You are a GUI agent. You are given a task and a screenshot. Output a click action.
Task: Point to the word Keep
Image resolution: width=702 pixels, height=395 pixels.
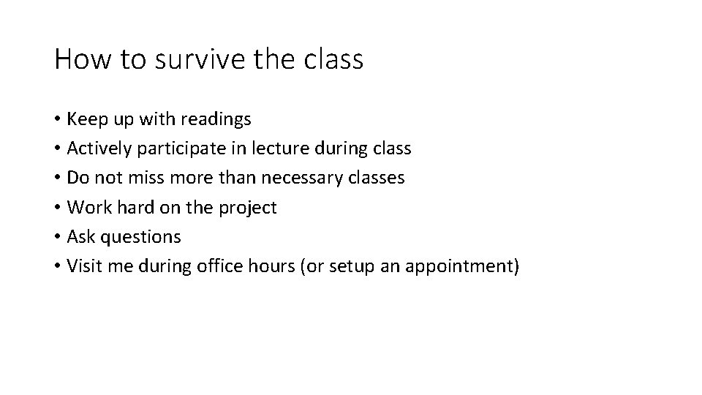coord(86,118)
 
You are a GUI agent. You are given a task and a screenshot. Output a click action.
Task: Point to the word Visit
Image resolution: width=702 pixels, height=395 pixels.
coord(84,266)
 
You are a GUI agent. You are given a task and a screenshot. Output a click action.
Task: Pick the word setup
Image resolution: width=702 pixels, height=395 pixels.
coord(351,266)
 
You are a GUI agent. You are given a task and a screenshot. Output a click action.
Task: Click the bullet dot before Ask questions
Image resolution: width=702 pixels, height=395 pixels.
coord(58,237)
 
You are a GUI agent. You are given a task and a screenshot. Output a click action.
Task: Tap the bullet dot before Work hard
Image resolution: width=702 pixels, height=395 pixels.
coord(58,208)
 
